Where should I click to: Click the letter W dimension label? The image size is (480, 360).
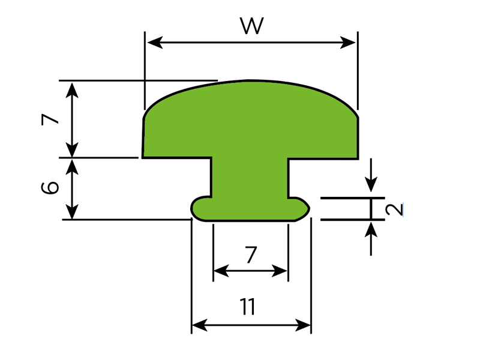tap(252, 26)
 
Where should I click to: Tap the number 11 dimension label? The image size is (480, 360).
tap(248, 307)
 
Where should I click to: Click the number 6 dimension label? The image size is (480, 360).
tap(52, 188)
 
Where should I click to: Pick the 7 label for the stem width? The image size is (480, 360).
tap(251, 256)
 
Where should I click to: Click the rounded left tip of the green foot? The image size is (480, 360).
tap(193, 208)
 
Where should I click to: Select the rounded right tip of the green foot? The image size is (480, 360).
tap(308, 208)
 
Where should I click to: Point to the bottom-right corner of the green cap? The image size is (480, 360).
tap(358, 157)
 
